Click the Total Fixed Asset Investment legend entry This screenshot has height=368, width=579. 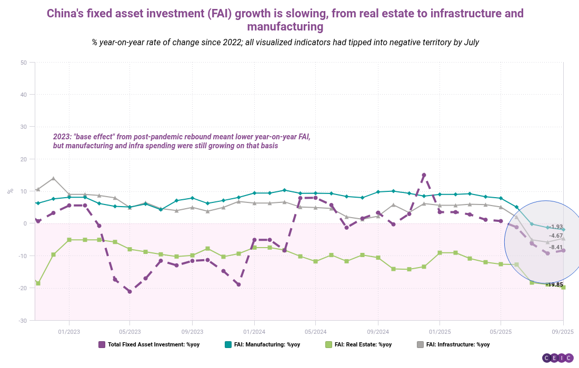[149, 344]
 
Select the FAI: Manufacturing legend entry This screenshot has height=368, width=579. [263, 344]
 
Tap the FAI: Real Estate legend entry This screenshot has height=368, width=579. [358, 344]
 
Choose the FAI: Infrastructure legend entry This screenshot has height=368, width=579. [453, 344]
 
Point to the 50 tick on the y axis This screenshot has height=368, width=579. [24, 63]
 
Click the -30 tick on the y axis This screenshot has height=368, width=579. [23, 321]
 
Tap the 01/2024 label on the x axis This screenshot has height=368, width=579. [254, 332]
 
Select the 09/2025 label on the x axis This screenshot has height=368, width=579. [563, 332]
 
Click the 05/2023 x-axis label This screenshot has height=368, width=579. [129, 332]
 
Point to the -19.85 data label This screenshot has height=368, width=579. [554, 284]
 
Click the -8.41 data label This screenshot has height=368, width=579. [556, 248]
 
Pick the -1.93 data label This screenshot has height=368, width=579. [556, 227]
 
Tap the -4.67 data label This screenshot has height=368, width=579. [556, 236]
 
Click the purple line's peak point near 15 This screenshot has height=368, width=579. [424, 175]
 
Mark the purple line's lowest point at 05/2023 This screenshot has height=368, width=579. [129, 292]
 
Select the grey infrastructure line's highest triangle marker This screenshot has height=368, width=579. [54, 178]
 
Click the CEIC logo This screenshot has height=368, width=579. [558, 357]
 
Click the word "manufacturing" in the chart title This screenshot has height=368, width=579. [285, 27]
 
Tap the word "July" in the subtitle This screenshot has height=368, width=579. [472, 43]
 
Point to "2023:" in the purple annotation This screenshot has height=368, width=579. [62, 137]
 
